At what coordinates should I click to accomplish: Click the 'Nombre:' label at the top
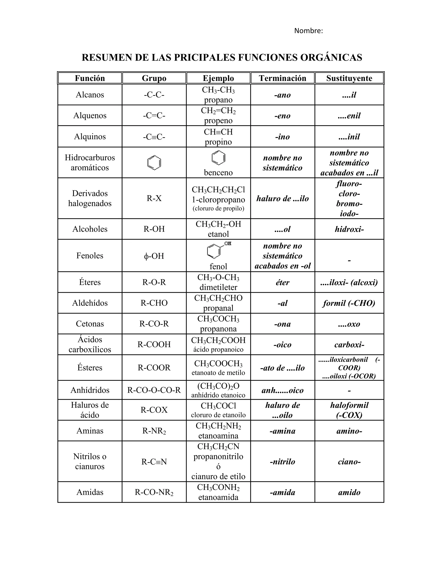pyautogui.click(x=308, y=31)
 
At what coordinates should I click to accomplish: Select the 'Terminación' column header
pyautogui.click(x=282, y=78)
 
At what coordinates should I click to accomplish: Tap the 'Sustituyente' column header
pyautogui.click(x=349, y=78)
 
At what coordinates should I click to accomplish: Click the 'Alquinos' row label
pyautogui.click(x=90, y=136)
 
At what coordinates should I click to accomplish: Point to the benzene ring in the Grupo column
pyautogui.click(x=154, y=163)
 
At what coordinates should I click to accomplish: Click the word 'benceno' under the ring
pyautogui.click(x=218, y=172)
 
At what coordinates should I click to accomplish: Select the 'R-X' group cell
pyautogui.click(x=154, y=198)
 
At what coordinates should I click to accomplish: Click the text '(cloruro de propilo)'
pyautogui.click(x=218, y=208)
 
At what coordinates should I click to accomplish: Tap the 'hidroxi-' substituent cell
pyautogui.click(x=349, y=229)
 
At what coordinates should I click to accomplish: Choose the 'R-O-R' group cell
pyautogui.click(x=154, y=282)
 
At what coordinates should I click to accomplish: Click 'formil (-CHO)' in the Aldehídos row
pyautogui.click(x=349, y=303)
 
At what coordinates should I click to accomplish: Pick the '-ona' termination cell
pyautogui.click(x=282, y=324)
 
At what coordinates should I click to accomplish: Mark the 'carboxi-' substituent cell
pyautogui.click(x=349, y=345)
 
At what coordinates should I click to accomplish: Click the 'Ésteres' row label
pyautogui.click(x=90, y=367)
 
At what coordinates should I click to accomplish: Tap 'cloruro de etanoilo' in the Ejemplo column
pyautogui.click(x=218, y=415)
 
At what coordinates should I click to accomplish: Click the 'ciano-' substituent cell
pyautogui.click(x=349, y=462)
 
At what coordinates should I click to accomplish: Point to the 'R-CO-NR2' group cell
pyautogui.click(x=154, y=492)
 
